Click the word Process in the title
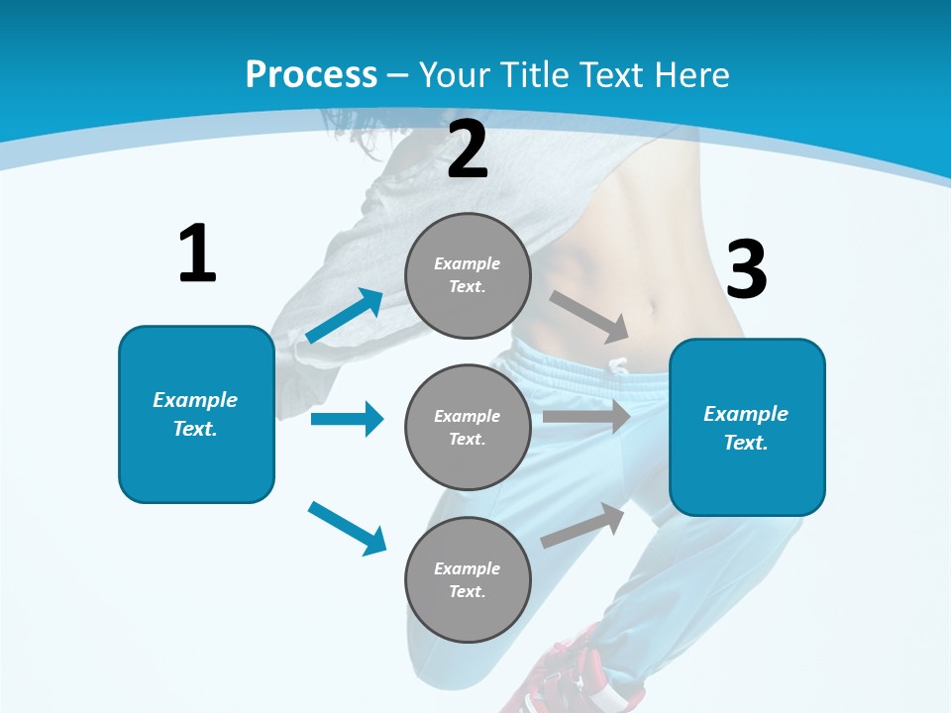[311, 74]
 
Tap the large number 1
[197, 255]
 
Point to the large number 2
[468, 150]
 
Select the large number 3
[746, 269]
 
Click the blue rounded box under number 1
[196, 414]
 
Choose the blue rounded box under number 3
[747, 427]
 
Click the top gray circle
[468, 275]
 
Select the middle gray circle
[468, 427]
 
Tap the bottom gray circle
[468, 579]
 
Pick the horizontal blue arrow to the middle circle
[347, 419]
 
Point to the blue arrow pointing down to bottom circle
[348, 528]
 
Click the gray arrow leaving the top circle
[589, 316]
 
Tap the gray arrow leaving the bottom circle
[583, 526]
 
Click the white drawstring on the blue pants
[619, 366]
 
